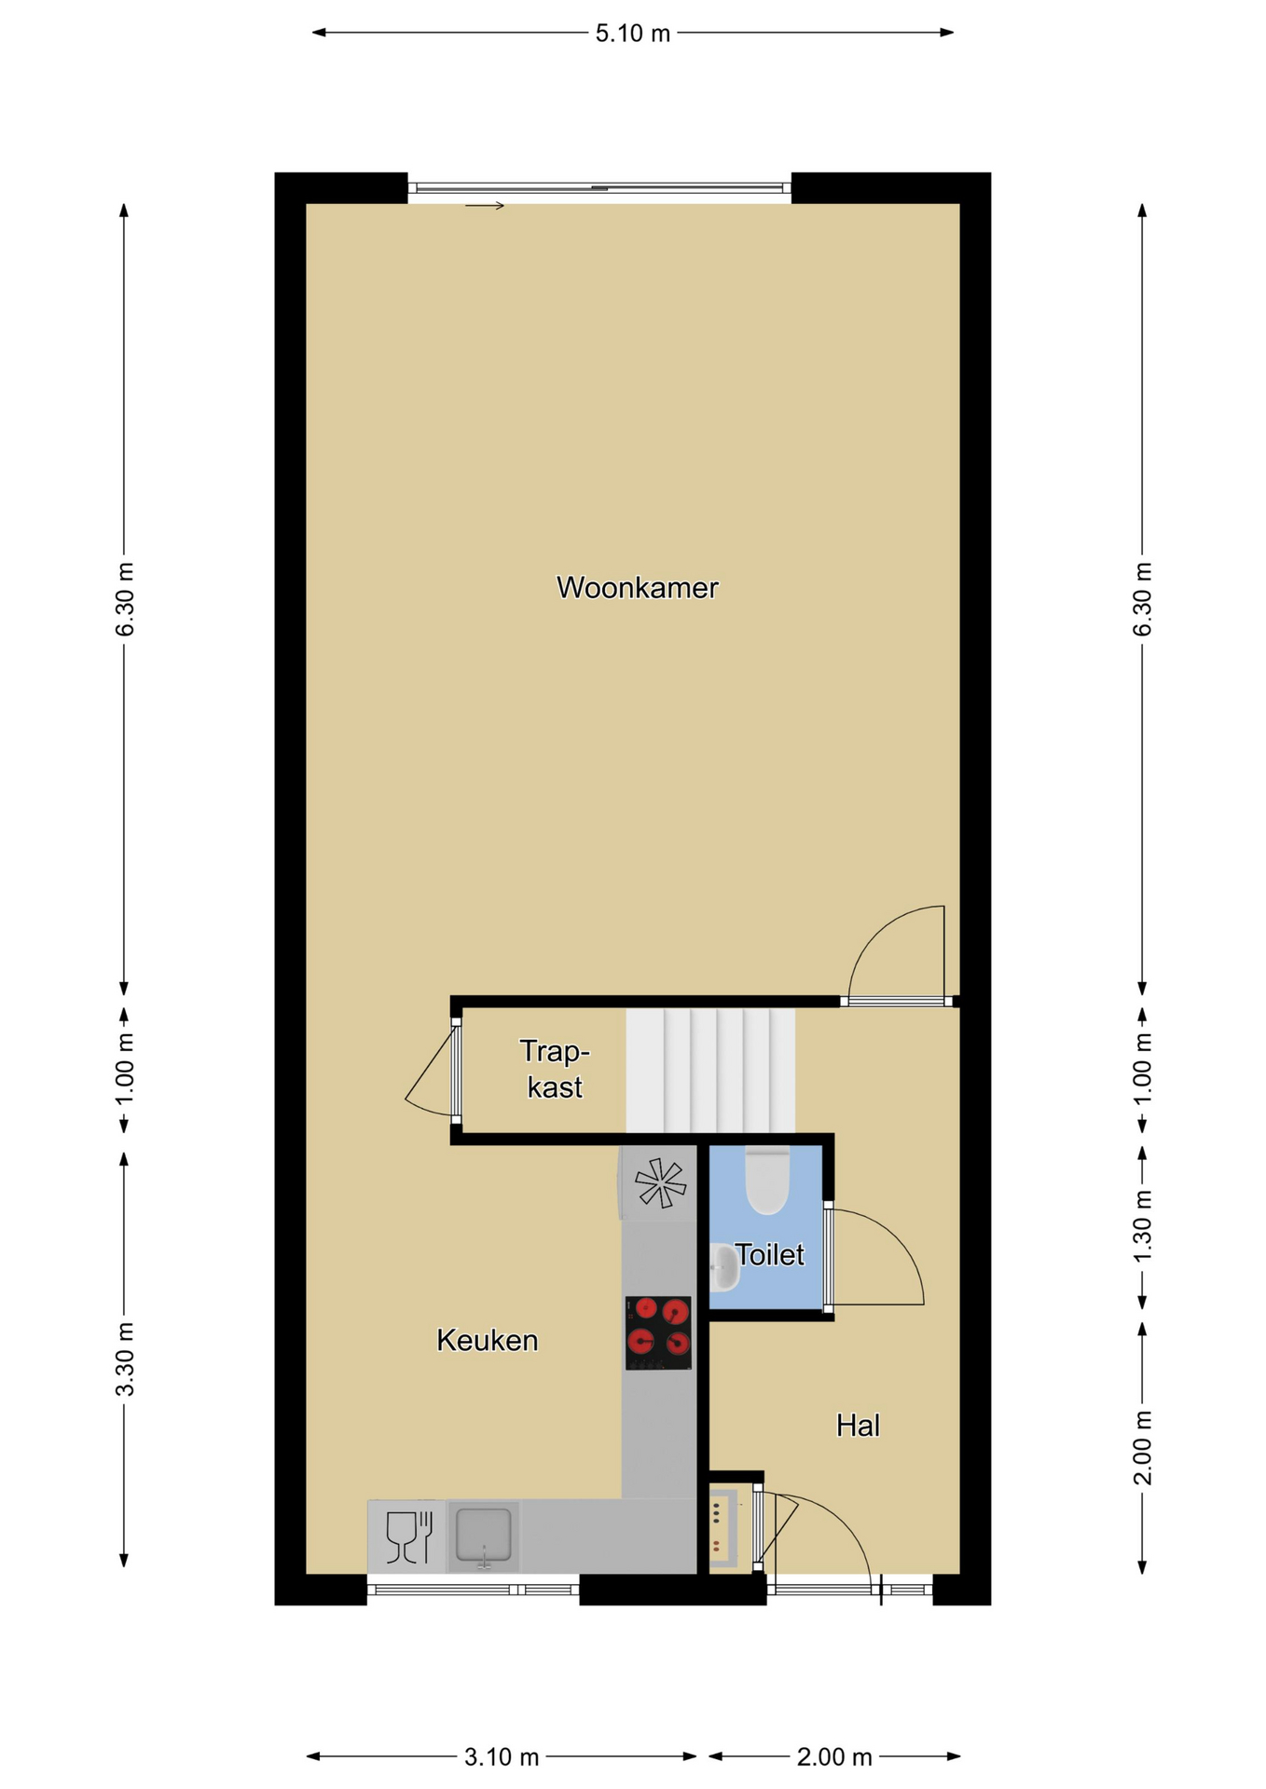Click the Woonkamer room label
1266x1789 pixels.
tap(637, 588)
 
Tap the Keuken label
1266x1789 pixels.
tap(488, 1341)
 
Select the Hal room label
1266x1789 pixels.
tap(858, 1425)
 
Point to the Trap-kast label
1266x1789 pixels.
tap(555, 1070)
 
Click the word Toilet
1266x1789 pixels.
tap(769, 1254)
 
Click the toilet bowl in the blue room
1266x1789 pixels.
tap(767, 1180)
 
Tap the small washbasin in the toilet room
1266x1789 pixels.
tap(723, 1268)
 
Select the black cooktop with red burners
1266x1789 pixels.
tap(658, 1333)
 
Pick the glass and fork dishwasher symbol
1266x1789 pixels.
tap(409, 1536)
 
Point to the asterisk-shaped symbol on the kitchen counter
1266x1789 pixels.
tap(660, 1183)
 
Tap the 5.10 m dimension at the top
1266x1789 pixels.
tap(633, 34)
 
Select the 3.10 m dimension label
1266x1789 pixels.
tap(502, 1756)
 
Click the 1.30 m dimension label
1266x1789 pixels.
tap(1143, 1226)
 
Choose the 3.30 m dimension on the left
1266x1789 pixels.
tap(125, 1359)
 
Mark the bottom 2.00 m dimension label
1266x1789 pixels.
tap(834, 1756)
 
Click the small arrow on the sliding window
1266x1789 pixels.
tap(485, 206)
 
